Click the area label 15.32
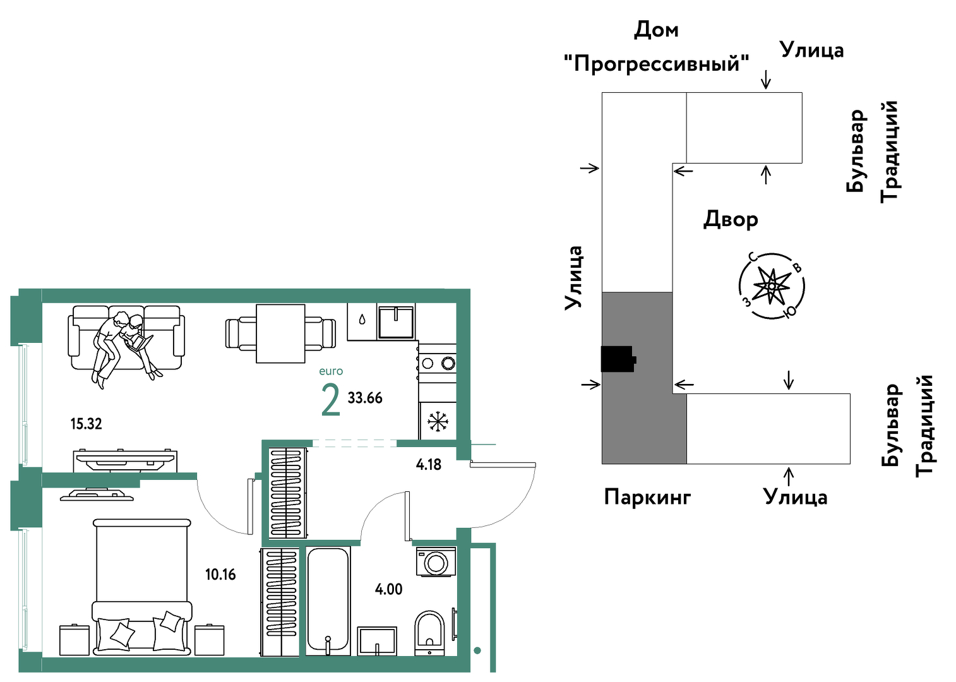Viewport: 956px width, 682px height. pyautogui.click(x=87, y=424)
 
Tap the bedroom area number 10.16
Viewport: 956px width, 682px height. pyautogui.click(x=220, y=575)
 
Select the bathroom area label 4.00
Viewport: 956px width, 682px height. pyautogui.click(x=388, y=589)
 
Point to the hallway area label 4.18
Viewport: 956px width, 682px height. pyautogui.click(x=429, y=464)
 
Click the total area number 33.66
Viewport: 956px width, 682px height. pyautogui.click(x=365, y=398)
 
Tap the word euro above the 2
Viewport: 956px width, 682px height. pyautogui.click(x=331, y=371)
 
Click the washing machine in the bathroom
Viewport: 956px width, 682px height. pyautogui.click(x=436, y=562)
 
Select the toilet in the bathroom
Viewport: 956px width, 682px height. pyautogui.click(x=429, y=634)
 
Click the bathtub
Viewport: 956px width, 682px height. pyautogui.click(x=328, y=601)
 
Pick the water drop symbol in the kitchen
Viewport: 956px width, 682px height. pyautogui.click(x=362, y=320)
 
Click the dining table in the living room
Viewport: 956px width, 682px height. pyautogui.click(x=280, y=333)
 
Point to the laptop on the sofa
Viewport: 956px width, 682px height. pyautogui.click(x=140, y=342)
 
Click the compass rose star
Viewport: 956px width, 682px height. pyautogui.click(x=771, y=285)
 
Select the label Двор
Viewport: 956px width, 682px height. pyautogui.click(x=731, y=219)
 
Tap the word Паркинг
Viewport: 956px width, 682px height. pyautogui.click(x=647, y=497)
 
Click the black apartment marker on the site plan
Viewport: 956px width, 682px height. pyautogui.click(x=618, y=359)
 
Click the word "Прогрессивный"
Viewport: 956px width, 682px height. pyautogui.click(x=657, y=64)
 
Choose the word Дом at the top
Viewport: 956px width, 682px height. pyautogui.click(x=656, y=30)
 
